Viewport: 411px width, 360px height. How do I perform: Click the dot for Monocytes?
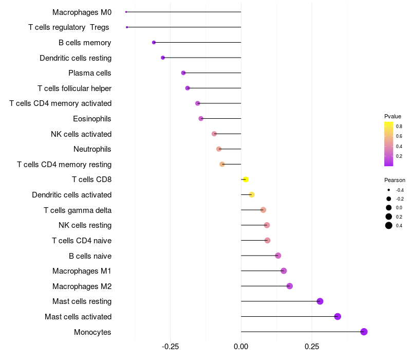pyautogui.click(x=364, y=332)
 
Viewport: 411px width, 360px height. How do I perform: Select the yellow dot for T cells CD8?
pyautogui.click(x=246, y=179)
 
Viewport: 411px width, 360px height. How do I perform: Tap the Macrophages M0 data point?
pyautogui.click(x=126, y=12)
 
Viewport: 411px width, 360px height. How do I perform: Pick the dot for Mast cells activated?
pyautogui.click(x=338, y=316)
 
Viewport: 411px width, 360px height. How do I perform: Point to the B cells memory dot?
pyautogui.click(x=154, y=42)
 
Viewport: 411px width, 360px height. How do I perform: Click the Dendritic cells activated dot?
pyautogui.click(x=252, y=194)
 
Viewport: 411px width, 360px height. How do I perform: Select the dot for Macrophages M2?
pyautogui.click(x=290, y=286)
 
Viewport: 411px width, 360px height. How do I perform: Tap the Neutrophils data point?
pyautogui.click(x=219, y=149)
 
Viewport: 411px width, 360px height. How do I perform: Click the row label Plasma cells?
pyautogui.click(x=90, y=73)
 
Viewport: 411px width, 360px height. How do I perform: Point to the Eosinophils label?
pyautogui.click(x=92, y=119)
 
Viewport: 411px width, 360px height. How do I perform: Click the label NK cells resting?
pyautogui.click(x=85, y=225)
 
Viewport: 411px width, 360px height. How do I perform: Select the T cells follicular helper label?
pyautogui.click(x=74, y=88)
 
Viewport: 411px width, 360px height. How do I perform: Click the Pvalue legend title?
pyautogui.click(x=393, y=116)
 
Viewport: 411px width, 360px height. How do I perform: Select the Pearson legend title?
pyautogui.click(x=395, y=181)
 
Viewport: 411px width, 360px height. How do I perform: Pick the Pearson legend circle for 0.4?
pyautogui.click(x=389, y=225)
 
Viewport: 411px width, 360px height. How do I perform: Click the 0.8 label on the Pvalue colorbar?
pyautogui.click(x=399, y=126)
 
